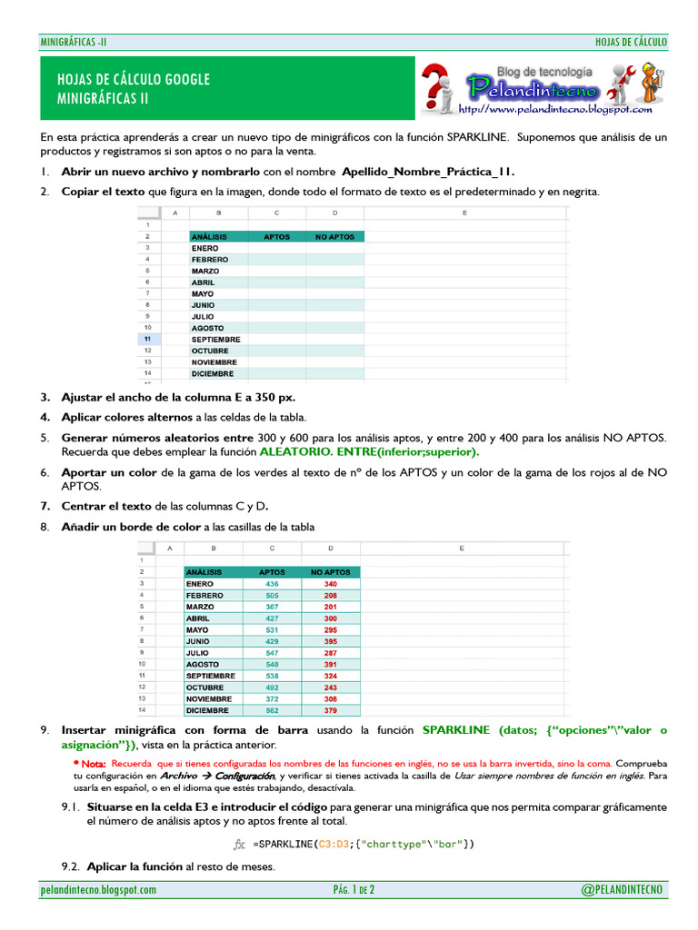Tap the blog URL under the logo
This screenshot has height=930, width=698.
[x=555, y=109]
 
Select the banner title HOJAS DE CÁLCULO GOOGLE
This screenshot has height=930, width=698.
[x=133, y=80]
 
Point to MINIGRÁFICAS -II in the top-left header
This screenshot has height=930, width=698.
[x=74, y=42]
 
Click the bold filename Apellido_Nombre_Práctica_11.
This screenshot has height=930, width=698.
[x=434, y=171]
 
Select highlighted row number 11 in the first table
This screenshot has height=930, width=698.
[x=147, y=339]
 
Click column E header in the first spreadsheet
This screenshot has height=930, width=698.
[x=464, y=213]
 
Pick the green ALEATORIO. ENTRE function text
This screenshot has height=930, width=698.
[x=369, y=451]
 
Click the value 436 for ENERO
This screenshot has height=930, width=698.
[x=272, y=584]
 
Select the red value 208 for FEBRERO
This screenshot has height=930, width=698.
[x=330, y=596]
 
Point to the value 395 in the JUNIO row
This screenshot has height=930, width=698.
[x=330, y=641]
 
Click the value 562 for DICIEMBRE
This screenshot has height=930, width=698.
[x=272, y=710]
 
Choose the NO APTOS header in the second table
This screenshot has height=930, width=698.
[x=330, y=572]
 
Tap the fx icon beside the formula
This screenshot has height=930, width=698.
[x=240, y=844]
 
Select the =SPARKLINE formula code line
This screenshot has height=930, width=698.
[x=364, y=844]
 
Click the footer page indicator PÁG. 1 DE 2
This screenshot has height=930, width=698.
[x=354, y=890]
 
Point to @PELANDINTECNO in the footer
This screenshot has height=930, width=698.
[x=623, y=890]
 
